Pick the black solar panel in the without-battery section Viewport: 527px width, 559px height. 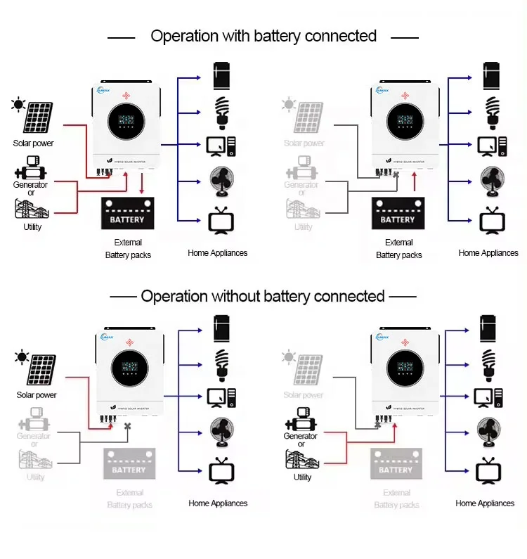coord(41,370)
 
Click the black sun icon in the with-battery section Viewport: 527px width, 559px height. coord(17,105)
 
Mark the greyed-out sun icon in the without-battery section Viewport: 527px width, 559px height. coord(287,358)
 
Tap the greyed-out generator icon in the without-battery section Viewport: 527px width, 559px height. coord(33,424)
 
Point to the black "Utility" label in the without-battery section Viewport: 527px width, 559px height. coord(302,477)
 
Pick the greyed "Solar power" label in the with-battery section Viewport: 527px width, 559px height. coord(304,143)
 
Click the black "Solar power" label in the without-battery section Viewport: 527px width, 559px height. coord(37,395)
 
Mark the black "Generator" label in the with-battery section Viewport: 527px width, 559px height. coord(31,185)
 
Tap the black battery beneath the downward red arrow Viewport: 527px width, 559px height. coord(126,214)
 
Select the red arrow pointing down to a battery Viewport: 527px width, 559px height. coord(143,186)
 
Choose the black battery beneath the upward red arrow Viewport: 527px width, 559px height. coord(398,214)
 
